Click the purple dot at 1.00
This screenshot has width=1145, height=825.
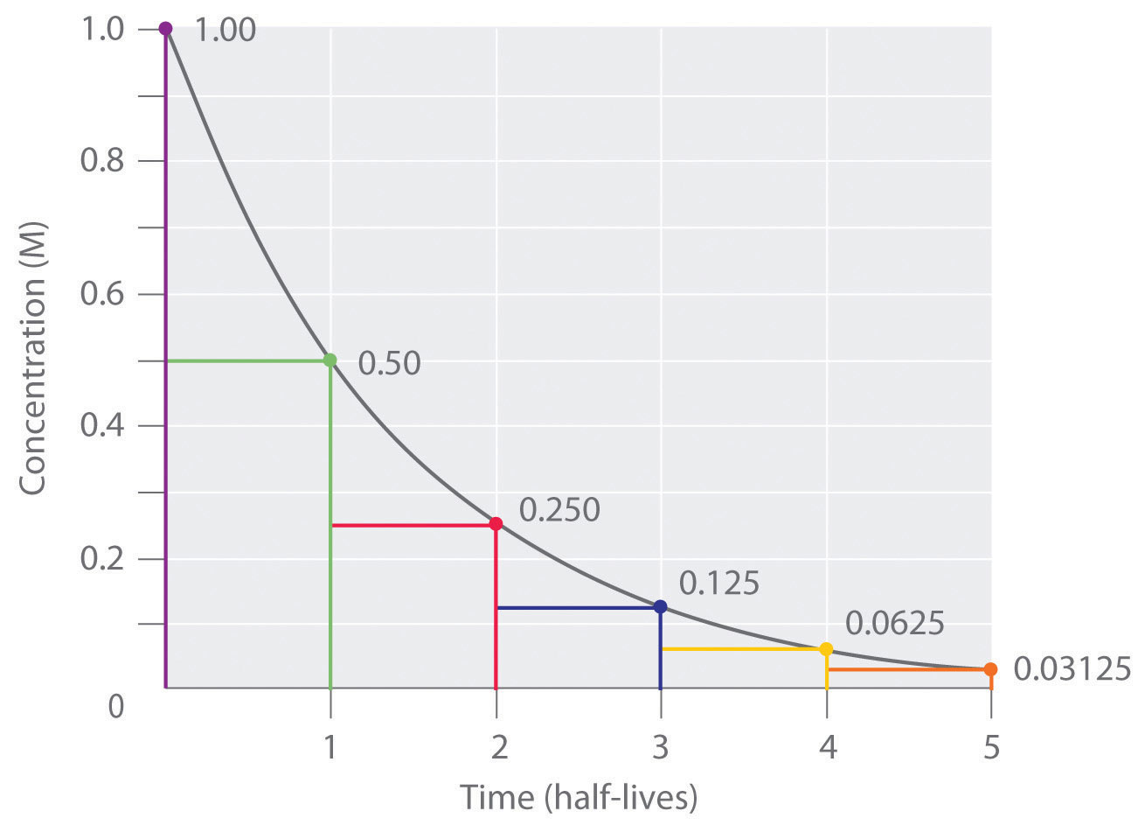click(165, 29)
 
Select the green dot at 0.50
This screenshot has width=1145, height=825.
click(330, 360)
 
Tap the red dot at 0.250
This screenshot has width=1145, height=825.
click(496, 524)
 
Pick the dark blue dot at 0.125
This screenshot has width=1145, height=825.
click(660, 606)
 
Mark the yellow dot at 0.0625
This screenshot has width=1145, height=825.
click(826, 649)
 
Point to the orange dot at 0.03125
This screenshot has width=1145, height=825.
click(990, 669)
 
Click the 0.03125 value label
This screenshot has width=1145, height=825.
click(1072, 669)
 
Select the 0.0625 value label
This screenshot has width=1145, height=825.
click(895, 624)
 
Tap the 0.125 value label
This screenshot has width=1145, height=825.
click(718, 583)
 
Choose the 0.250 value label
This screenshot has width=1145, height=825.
click(559, 510)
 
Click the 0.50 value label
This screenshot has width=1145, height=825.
click(390, 363)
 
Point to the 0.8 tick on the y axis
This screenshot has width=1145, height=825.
click(104, 162)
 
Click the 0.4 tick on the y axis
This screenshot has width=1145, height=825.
click(104, 427)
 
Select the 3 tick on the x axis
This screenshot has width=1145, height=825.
click(661, 749)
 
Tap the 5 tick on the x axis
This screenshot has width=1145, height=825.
click(990, 749)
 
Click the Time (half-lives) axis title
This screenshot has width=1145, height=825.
click(579, 798)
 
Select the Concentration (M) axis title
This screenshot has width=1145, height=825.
click(32, 359)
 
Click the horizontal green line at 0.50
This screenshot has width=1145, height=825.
click(247, 360)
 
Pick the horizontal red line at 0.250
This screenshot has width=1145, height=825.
click(413, 525)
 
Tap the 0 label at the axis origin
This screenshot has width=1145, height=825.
click(116, 705)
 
